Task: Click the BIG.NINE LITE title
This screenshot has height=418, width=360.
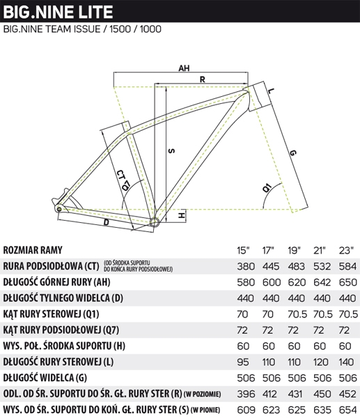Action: (x=58, y=11)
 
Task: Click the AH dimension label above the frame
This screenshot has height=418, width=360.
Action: (x=184, y=68)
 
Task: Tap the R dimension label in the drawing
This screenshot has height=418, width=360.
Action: (x=202, y=79)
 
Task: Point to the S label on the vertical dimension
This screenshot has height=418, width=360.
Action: (x=172, y=151)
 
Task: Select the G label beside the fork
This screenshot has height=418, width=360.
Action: (x=292, y=153)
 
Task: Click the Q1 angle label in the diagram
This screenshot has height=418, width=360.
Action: (x=267, y=187)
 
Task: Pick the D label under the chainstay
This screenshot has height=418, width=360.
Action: (x=107, y=222)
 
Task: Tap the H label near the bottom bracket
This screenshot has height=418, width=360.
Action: (x=182, y=215)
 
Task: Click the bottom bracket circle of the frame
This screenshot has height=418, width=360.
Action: (x=155, y=222)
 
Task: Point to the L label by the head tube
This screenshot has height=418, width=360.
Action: (x=270, y=91)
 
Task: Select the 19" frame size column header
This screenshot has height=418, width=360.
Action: (x=294, y=250)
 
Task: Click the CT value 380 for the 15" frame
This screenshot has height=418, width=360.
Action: (x=246, y=266)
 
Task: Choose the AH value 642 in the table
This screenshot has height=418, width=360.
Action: (x=322, y=282)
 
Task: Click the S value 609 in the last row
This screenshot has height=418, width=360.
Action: (x=246, y=410)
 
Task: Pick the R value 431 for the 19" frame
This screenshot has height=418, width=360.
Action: (x=295, y=394)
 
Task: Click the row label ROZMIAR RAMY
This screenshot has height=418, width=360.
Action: (x=33, y=250)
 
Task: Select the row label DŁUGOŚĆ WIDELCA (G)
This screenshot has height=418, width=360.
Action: (x=45, y=378)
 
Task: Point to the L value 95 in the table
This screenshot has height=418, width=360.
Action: (x=243, y=362)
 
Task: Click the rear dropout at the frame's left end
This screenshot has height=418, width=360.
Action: (x=59, y=208)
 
